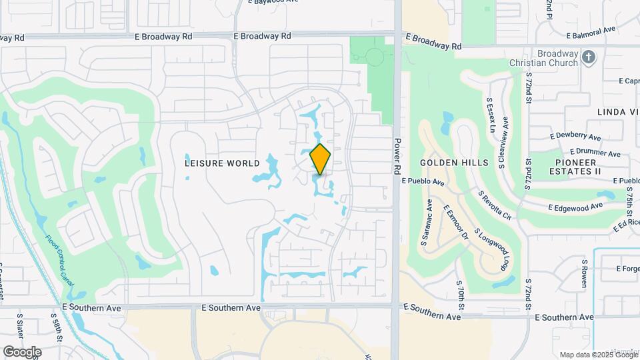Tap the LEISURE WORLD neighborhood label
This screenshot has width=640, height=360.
tap(222, 163)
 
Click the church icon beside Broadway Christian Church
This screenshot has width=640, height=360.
tap(588, 57)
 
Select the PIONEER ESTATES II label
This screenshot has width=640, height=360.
tap(579, 167)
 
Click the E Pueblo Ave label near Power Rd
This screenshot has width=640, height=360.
tap(423, 181)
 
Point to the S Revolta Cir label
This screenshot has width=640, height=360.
tap(494, 205)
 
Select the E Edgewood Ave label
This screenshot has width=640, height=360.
tap(579, 208)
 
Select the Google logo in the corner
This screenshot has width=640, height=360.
tap(22, 351)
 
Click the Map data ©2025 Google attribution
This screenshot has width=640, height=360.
tap(598, 354)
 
